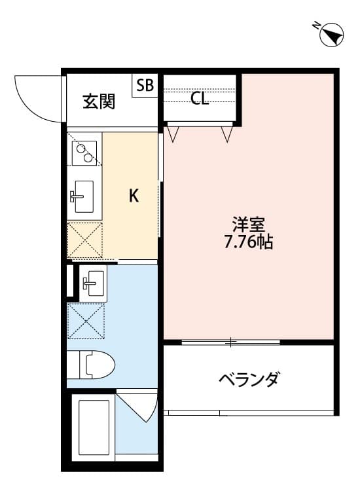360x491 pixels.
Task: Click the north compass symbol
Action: [330, 35]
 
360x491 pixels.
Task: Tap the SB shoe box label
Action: [145, 85]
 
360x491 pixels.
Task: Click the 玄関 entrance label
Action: [99, 101]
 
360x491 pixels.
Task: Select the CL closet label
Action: [200, 99]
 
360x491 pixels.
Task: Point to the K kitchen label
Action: [134, 195]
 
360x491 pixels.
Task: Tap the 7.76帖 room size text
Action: [248, 242]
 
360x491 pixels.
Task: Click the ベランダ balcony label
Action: [249, 379]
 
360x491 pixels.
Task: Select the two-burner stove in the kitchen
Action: [84, 154]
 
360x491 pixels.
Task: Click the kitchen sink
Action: [83, 196]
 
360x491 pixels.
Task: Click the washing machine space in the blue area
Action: [85, 319]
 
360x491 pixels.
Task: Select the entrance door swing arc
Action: [36, 98]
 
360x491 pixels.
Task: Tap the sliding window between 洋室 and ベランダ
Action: [230, 342]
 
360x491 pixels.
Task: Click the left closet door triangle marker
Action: [173, 134]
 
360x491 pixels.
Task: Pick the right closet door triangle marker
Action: [226, 134]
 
